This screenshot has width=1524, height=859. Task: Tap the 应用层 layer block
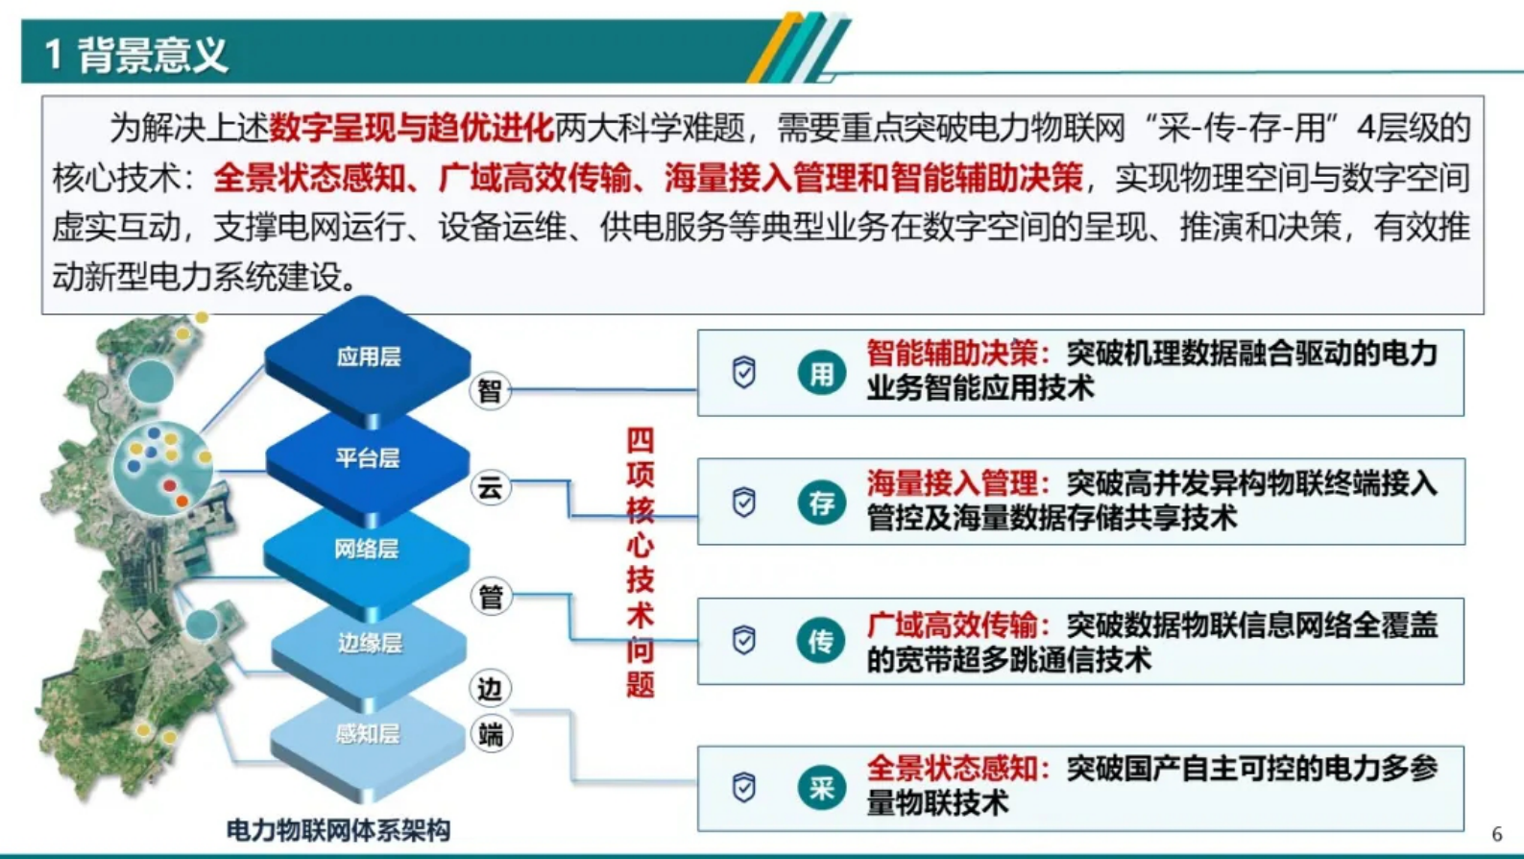(368, 357)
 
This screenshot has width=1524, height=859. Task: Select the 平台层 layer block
(367, 458)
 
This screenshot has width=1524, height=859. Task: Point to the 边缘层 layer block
(369, 643)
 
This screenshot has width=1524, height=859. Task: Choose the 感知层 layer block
(367, 734)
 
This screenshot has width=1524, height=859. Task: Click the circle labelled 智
(490, 391)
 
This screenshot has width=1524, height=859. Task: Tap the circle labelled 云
(490, 488)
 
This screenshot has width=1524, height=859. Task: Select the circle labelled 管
(491, 597)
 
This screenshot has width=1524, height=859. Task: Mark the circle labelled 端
(491, 735)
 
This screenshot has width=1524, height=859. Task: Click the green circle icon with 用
(821, 373)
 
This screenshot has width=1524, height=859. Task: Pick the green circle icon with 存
(821, 503)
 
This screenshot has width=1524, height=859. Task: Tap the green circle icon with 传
(821, 641)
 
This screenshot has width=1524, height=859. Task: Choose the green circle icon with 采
(821, 789)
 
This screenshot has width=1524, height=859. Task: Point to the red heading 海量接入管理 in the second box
(953, 483)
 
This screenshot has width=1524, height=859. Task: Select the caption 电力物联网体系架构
(338, 829)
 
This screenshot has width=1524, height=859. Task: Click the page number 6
(1496, 834)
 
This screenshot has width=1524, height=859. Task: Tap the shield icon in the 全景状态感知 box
(744, 788)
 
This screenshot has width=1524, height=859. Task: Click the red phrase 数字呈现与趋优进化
(411, 127)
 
